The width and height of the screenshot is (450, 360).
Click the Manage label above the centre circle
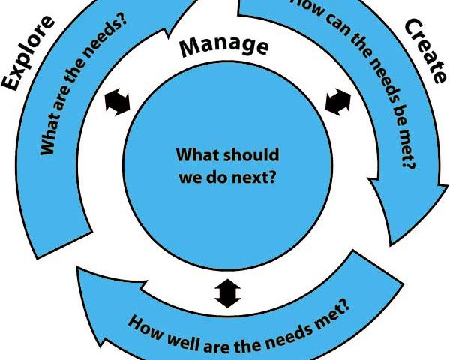pyautogui.click(x=224, y=46)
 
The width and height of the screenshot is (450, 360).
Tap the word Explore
pyautogui.click(x=27, y=53)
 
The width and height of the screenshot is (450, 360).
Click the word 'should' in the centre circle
pyautogui.click(x=250, y=155)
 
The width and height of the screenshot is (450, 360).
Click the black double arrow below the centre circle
pyautogui.click(x=227, y=293)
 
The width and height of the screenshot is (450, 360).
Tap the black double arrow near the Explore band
pyautogui.click(x=118, y=102)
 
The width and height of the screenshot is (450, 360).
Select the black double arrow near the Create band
pyautogui.click(x=338, y=102)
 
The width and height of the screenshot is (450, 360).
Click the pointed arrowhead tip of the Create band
pyautogui.click(x=391, y=246)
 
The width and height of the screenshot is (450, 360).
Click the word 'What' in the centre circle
pyautogui.click(x=198, y=154)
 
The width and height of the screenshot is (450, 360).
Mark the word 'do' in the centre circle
pyautogui.click(x=217, y=177)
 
